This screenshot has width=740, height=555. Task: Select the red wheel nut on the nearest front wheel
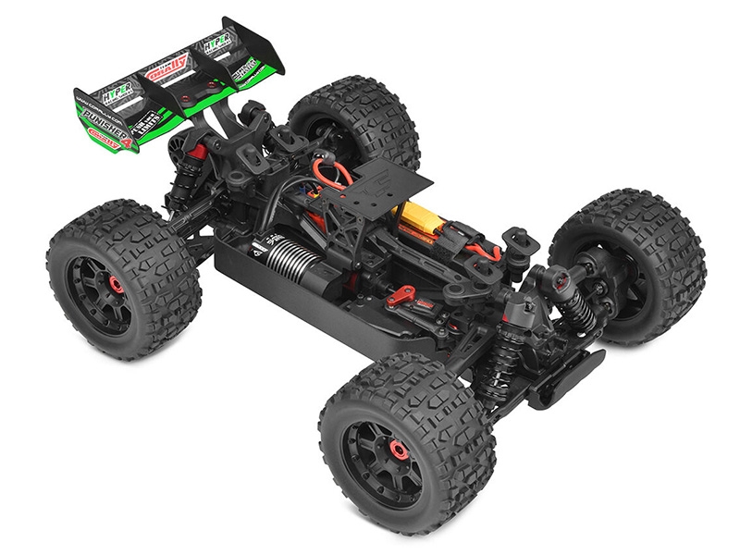click(399, 450)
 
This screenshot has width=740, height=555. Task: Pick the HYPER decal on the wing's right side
click(218, 42)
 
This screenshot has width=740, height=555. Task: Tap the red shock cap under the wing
click(196, 151)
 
